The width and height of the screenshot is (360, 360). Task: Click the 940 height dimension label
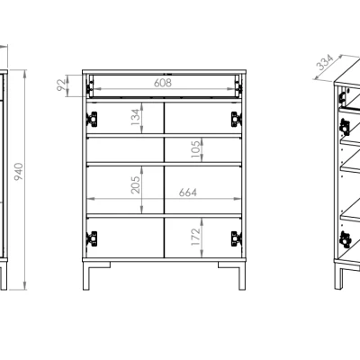[x=19, y=172]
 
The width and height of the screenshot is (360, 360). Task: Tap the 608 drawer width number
[x=163, y=83]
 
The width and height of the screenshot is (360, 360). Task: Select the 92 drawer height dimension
[x=61, y=85]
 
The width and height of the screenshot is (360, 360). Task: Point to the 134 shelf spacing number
[x=136, y=117]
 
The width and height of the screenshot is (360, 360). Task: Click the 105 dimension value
[x=195, y=149]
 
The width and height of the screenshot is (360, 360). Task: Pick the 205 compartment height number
[x=136, y=184]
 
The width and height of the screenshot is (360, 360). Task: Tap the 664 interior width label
[x=188, y=193]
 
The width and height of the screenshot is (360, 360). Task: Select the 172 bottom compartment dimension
[x=195, y=237]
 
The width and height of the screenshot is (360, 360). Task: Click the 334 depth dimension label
[x=325, y=62]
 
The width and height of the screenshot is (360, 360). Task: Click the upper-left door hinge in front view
[x=92, y=119]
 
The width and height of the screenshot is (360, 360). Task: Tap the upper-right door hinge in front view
[x=237, y=119]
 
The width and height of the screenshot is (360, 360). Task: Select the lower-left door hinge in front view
[x=92, y=238]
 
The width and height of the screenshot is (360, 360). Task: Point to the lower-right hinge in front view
[x=237, y=238]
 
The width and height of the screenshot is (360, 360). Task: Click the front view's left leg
[x=86, y=276]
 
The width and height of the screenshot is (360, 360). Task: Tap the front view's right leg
[x=242, y=276]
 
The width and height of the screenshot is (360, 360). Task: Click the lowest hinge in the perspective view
[x=345, y=239]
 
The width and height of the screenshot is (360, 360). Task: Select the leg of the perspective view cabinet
[x=338, y=276]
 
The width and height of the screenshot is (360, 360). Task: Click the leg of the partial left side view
[x=4, y=274]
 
